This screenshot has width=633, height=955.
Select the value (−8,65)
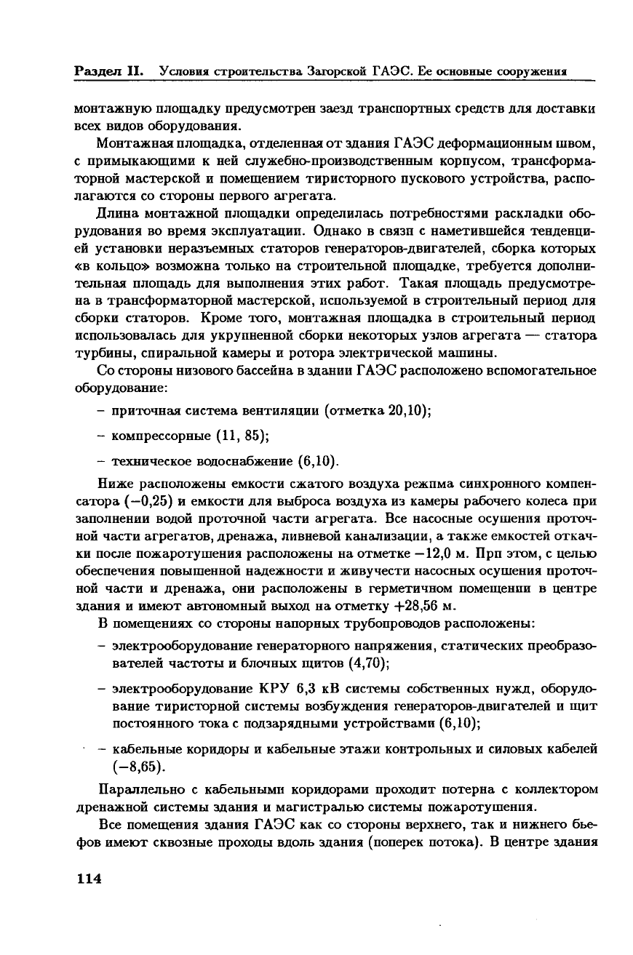pos(135,766)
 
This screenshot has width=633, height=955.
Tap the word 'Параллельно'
pos(137,789)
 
